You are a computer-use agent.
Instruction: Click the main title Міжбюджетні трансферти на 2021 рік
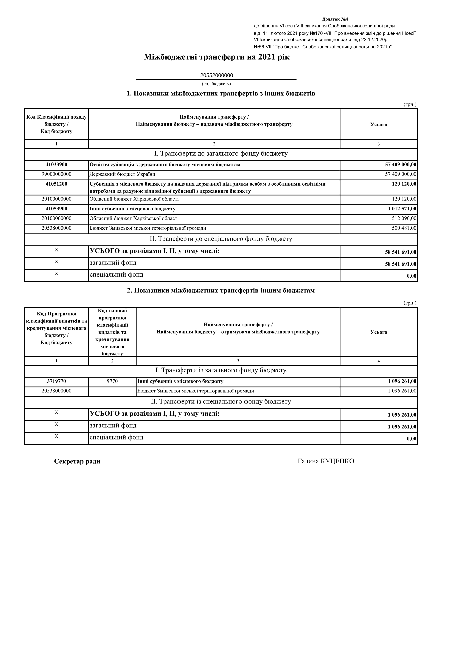[217, 57]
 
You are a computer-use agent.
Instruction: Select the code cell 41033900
[56, 165]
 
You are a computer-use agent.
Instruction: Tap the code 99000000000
[56, 174]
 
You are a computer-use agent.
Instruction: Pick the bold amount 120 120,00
[404, 184]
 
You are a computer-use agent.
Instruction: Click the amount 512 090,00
[404, 218]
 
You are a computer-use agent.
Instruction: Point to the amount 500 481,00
[404, 228]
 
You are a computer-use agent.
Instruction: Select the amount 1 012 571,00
[402, 209]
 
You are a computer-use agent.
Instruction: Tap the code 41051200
[56, 184]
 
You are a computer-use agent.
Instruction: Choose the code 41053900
[56, 209]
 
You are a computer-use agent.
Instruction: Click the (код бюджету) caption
[216, 84]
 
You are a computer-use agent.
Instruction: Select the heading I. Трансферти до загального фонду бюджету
[221, 154]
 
